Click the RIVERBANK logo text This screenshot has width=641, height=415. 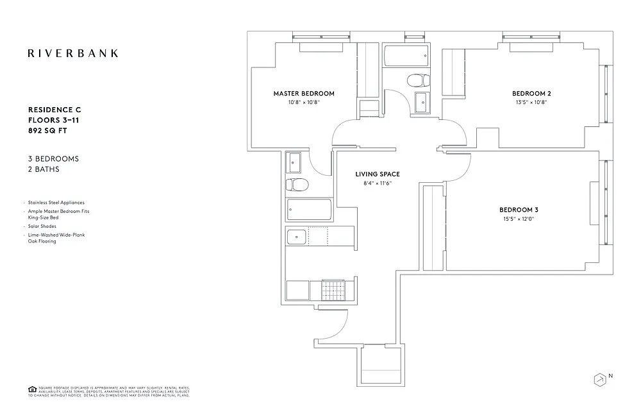72,53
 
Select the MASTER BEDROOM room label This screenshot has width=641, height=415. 304,94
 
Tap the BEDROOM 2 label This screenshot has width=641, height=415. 531,94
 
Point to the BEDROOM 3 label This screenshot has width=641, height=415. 519,210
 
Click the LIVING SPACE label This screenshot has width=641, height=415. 378,174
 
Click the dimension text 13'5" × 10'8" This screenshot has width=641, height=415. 531,102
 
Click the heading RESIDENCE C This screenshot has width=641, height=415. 54,110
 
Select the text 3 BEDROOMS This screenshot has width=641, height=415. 53,158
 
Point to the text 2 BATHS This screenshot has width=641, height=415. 44,169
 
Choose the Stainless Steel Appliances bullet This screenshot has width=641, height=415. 56,203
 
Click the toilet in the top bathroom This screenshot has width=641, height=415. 419,80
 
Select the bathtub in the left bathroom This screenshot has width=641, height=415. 309,210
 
